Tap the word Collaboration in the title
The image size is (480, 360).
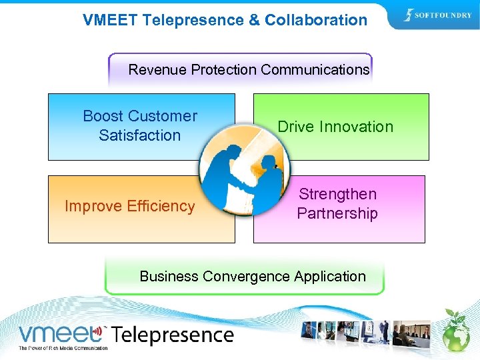316,20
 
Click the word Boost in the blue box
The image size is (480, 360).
104,116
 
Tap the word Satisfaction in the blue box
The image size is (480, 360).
140,135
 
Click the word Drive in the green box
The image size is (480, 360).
295,127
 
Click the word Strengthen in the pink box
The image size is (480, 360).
337,194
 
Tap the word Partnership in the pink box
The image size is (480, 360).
337,213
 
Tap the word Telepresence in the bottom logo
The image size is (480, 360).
173,335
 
